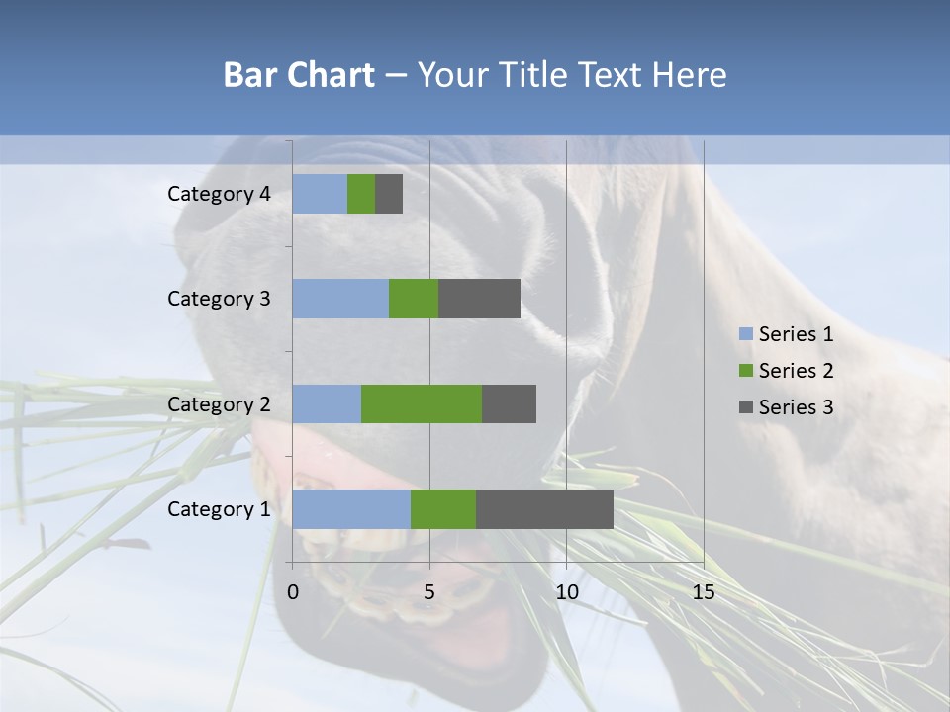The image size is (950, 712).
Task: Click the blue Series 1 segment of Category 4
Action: point(320,194)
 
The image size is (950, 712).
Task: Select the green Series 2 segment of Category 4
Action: point(361,194)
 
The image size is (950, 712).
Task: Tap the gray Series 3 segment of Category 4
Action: point(389,194)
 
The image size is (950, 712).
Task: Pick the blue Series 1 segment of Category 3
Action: point(340,299)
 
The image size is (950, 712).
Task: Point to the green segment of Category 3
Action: point(414,299)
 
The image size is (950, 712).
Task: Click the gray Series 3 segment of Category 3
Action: point(479,299)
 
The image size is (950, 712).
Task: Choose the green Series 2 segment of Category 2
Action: point(422,403)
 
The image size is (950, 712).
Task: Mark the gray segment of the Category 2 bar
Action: point(509,403)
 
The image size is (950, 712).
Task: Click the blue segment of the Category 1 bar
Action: point(351,509)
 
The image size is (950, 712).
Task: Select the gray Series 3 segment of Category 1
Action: point(544,509)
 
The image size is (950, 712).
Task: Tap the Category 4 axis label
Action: point(219,194)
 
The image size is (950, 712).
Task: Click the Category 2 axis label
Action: point(219,403)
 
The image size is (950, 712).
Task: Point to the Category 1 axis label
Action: point(219,509)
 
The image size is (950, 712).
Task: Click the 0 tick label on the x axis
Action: point(293,592)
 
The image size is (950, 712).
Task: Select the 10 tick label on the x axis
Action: point(566,592)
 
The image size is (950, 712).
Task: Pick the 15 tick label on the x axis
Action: point(704,592)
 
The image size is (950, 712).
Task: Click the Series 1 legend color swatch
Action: point(745,334)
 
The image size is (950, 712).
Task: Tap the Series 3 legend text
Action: point(796,406)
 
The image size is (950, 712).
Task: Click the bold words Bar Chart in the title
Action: point(299,75)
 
